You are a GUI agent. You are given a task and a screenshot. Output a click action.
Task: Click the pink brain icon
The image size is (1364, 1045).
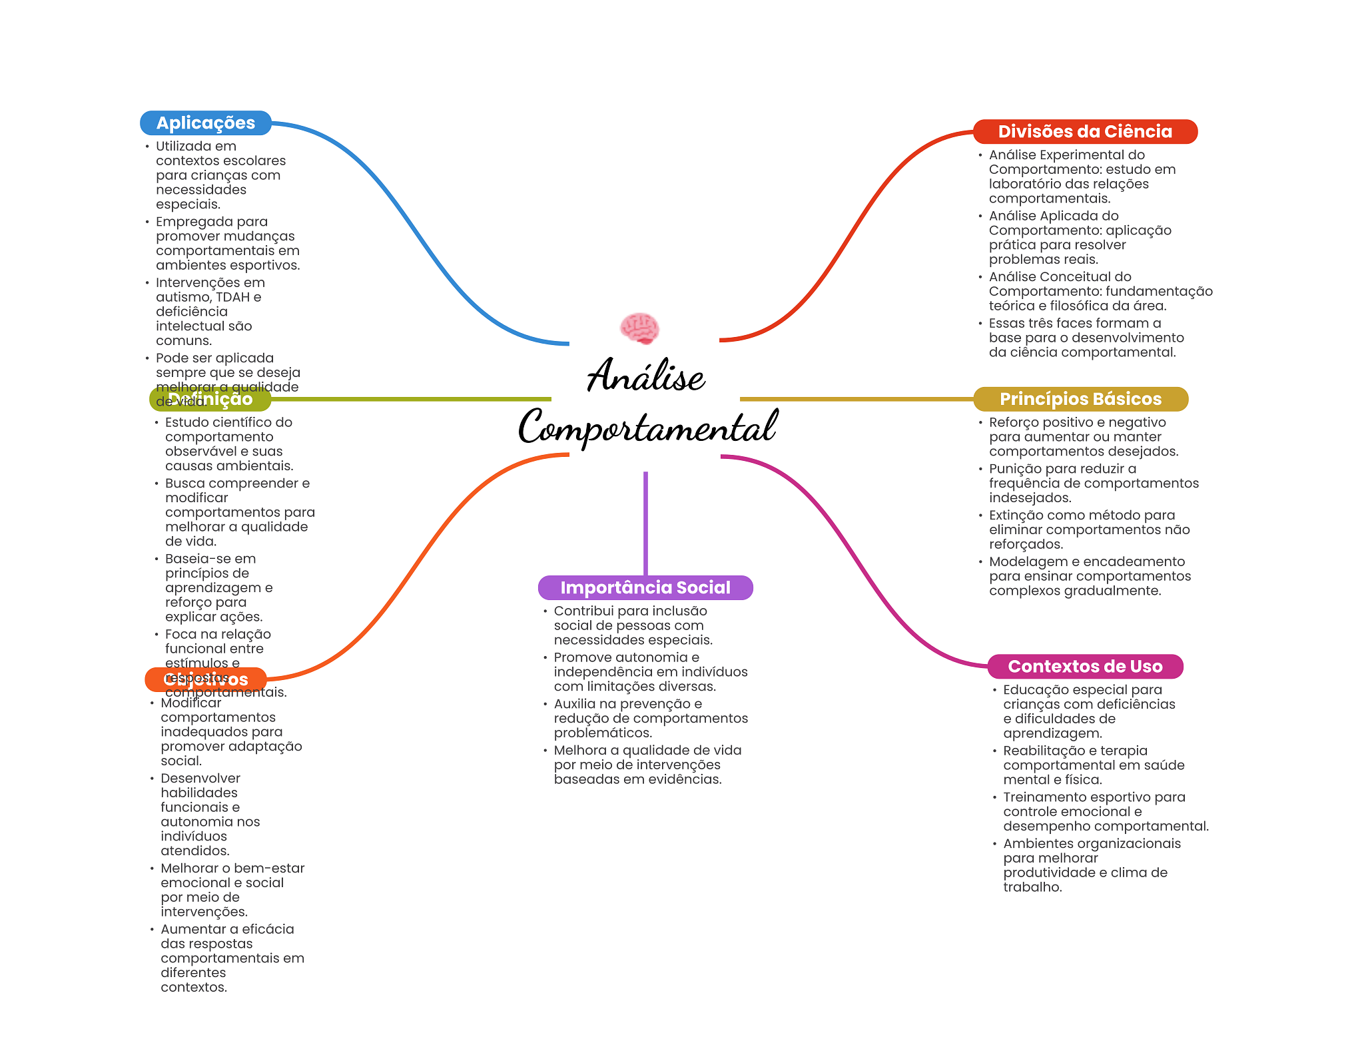point(639,328)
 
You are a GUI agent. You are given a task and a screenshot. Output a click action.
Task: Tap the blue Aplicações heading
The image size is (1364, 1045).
point(205,123)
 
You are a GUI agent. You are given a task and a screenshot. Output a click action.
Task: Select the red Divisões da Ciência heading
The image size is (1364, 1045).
point(1084,132)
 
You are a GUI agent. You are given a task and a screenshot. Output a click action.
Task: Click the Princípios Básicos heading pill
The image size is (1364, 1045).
point(1080,399)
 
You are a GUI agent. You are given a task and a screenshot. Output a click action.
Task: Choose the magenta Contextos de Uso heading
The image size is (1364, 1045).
point(1084,667)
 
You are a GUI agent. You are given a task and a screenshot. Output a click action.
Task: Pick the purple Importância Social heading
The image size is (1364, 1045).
point(645,587)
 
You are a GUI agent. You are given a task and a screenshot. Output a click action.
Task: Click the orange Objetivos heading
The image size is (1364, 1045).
point(205,679)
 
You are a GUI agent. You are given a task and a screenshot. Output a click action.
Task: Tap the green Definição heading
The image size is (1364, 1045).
point(210,399)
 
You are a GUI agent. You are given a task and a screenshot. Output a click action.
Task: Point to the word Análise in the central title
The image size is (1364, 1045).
point(645,376)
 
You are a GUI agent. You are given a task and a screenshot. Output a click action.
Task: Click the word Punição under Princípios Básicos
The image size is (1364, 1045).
point(1014,469)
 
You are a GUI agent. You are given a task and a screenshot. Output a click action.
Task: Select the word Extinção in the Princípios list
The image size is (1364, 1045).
point(1016,516)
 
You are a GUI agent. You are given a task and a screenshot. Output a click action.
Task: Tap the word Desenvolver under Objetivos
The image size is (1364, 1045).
point(200,779)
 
